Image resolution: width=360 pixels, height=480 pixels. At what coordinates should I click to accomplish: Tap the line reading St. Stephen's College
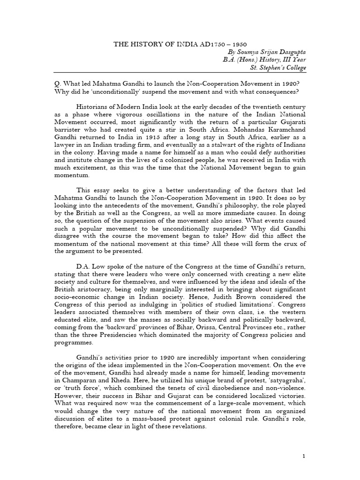[x=278, y=67]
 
